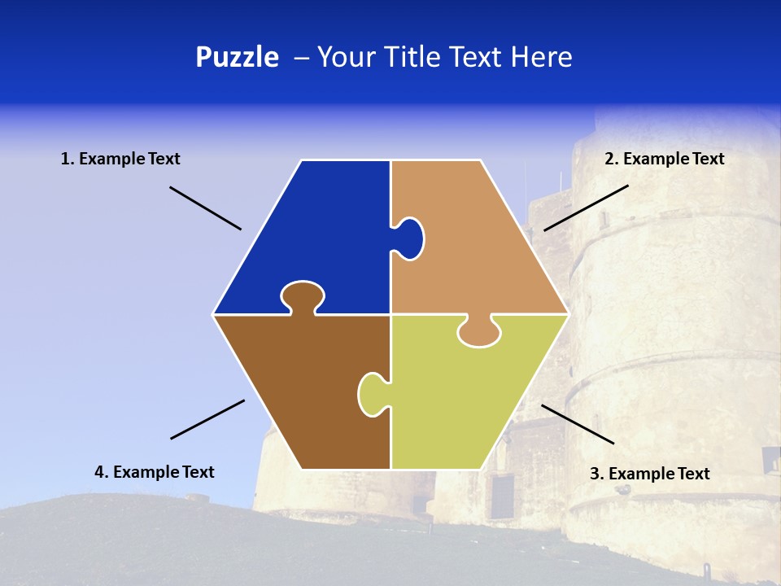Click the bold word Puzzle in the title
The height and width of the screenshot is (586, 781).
tap(237, 57)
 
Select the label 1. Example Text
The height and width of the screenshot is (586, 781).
tap(120, 159)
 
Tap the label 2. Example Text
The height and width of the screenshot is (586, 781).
tap(664, 159)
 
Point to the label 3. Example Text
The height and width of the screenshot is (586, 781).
tap(649, 474)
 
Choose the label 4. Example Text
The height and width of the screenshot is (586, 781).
tap(155, 472)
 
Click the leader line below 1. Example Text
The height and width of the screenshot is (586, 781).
tap(205, 208)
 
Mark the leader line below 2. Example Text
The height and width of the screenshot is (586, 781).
tap(586, 208)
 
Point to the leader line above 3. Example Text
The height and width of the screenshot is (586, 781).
tap(578, 424)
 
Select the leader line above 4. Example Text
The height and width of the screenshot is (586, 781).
tap(207, 419)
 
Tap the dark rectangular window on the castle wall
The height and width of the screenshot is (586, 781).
tap(502, 496)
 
